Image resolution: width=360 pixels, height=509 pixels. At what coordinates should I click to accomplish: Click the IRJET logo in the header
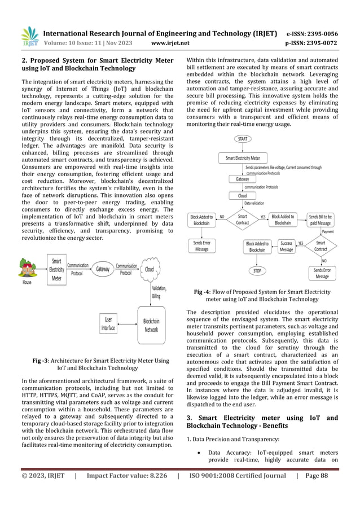click(29, 37)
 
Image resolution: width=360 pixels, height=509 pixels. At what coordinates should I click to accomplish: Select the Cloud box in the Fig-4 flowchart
click(238, 195)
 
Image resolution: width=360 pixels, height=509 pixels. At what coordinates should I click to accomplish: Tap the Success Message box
click(287, 247)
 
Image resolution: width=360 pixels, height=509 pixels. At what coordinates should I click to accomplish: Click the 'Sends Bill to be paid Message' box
click(321, 220)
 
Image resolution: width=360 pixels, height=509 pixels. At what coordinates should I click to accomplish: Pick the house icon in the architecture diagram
click(27, 268)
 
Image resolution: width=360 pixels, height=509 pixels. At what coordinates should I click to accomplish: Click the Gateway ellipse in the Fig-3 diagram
click(103, 269)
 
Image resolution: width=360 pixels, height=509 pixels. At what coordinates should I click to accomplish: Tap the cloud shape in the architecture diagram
click(150, 269)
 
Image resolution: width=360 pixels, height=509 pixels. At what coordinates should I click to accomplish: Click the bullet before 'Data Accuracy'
click(200, 453)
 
